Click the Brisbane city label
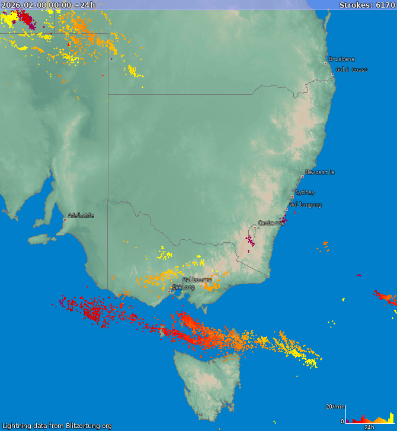(x=342, y=59)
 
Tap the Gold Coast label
(x=351, y=70)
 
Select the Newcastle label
(x=320, y=172)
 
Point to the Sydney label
(x=305, y=192)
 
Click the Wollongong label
(x=306, y=205)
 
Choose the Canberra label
(x=271, y=223)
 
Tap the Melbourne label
(x=197, y=279)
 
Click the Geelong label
(x=183, y=287)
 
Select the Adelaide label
(x=81, y=215)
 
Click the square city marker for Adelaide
(x=65, y=220)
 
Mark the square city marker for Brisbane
(x=325, y=63)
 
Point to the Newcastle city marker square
(x=302, y=176)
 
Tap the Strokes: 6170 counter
(x=366, y=5)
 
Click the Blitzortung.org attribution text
(x=57, y=426)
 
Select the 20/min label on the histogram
(x=335, y=406)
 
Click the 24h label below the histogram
(x=369, y=427)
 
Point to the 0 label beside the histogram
(x=342, y=421)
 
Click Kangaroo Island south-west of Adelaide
(x=39, y=239)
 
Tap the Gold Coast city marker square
(x=332, y=74)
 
